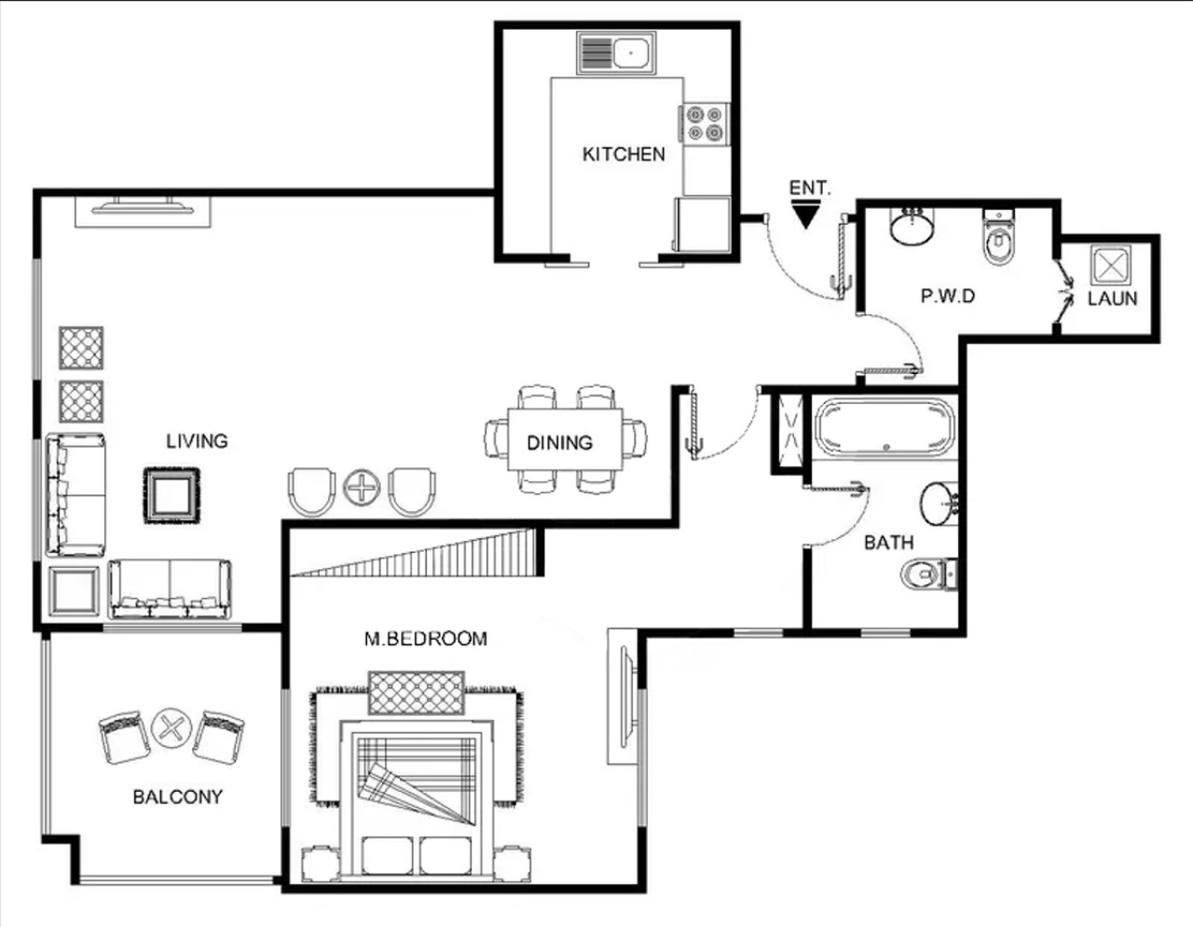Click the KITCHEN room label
coord(624,154)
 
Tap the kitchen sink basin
coord(631,53)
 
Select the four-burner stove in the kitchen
coord(705,123)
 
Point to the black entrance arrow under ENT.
coord(805,214)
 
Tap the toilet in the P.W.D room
coord(999,237)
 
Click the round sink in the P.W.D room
coord(912,227)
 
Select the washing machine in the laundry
coord(1111,266)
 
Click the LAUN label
coord(1112,298)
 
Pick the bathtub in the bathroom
coord(884,426)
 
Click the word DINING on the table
coord(559,443)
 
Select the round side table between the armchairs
coord(362,487)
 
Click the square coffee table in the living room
coord(171,495)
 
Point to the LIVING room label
coord(197,441)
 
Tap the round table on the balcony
coord(171,728)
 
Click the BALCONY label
coord(178,796)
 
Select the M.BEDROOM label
coord(426,639)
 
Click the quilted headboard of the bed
coord(416,693)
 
